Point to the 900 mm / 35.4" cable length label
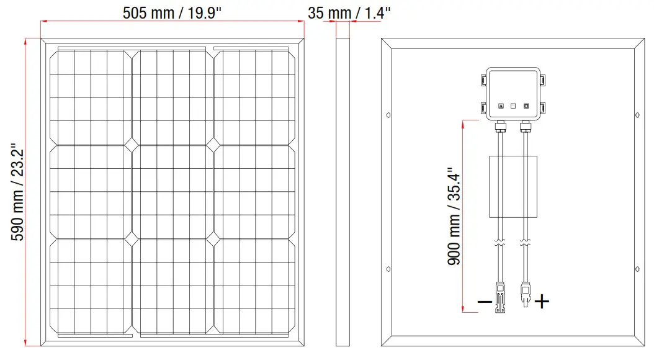[x=454, y=216]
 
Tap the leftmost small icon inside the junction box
[x=501, y=106]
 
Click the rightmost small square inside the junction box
[x=526, y=106]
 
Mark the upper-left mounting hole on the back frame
[x=388, y=115]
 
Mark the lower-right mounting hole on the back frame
[x=637, y=269]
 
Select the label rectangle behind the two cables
[x=513, y=186]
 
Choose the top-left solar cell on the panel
[x=91, y=97]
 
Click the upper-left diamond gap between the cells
[x=132, y=144]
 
